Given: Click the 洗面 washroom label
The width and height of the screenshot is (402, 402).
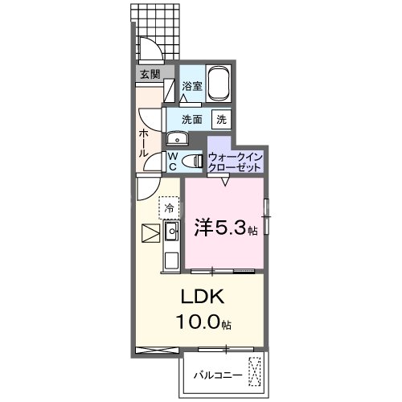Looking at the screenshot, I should (191, 119).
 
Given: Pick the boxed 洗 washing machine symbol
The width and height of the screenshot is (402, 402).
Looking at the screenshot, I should (220, 119).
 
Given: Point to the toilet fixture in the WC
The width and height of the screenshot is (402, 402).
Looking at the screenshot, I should (191, 160).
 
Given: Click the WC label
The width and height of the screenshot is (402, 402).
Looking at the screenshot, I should (172, 160).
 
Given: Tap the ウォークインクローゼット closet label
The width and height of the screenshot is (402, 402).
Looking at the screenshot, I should (234, 160).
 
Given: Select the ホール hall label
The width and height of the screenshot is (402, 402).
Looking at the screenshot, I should (142, 142).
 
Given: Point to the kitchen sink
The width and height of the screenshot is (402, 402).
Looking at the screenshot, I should (171, 234).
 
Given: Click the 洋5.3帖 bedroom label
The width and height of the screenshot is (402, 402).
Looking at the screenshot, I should (224, 228).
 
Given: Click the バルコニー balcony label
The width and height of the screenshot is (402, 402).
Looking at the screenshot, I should (216, 374).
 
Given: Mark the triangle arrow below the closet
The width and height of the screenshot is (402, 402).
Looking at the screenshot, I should (225, 182).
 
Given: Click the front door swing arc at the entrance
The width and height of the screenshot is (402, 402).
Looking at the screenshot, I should (152, 50).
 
